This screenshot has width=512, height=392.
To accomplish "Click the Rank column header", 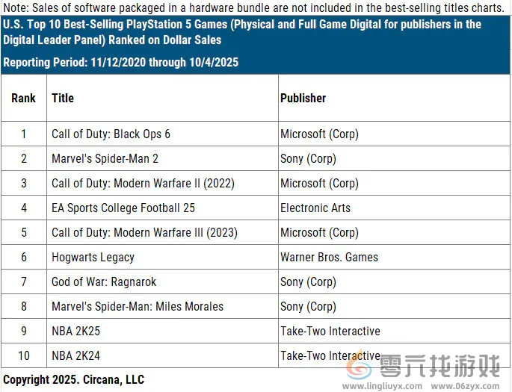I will pyautogui.click(x=23, y=98).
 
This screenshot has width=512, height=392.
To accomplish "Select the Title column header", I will pyautogui.click(x=63, y=98).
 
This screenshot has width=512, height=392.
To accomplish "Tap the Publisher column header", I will pyautogui.click(x=303, y=98).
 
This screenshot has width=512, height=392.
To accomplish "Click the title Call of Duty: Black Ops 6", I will pyautogui.click(x=111, y=134).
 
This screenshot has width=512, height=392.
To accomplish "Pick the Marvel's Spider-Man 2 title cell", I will pyautogui.click(x=105, y=159).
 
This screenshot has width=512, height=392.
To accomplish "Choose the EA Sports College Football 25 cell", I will pyautogui.click(x=123, y=208).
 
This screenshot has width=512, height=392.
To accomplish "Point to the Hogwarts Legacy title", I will pyautogui.click(x=93, y=258).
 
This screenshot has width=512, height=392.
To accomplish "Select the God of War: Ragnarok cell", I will pyautogui.click(x=104, y=282).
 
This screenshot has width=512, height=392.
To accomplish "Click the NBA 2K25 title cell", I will pyautogui.click(x=75, y=332).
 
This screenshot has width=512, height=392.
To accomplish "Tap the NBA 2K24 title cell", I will pyautogui.click(x=75, y=356).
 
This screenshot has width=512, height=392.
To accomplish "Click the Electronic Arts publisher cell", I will pyautogui.click(x=315, y=208).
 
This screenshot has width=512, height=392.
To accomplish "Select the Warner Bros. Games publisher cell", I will pyautogui.click(x=329, y=258).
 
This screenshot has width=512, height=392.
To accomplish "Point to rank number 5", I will pyautogui.click(x=23, y=233).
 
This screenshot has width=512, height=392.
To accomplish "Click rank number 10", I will pyautogui.click(x=23, y=356).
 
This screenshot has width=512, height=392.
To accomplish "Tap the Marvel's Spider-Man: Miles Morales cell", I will pyautogui.click(x=138, y=307).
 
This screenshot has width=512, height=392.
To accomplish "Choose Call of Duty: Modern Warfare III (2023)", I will pyautogui.click(x=144, y=233).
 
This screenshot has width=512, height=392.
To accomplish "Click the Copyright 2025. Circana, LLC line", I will pyautogui.click(x=73, y=380).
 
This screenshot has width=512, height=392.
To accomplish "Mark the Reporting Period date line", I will pyautogui.click(x=121, y=63).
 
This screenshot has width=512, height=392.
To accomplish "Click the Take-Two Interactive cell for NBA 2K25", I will pyautogui.click(x=330, y=332).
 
